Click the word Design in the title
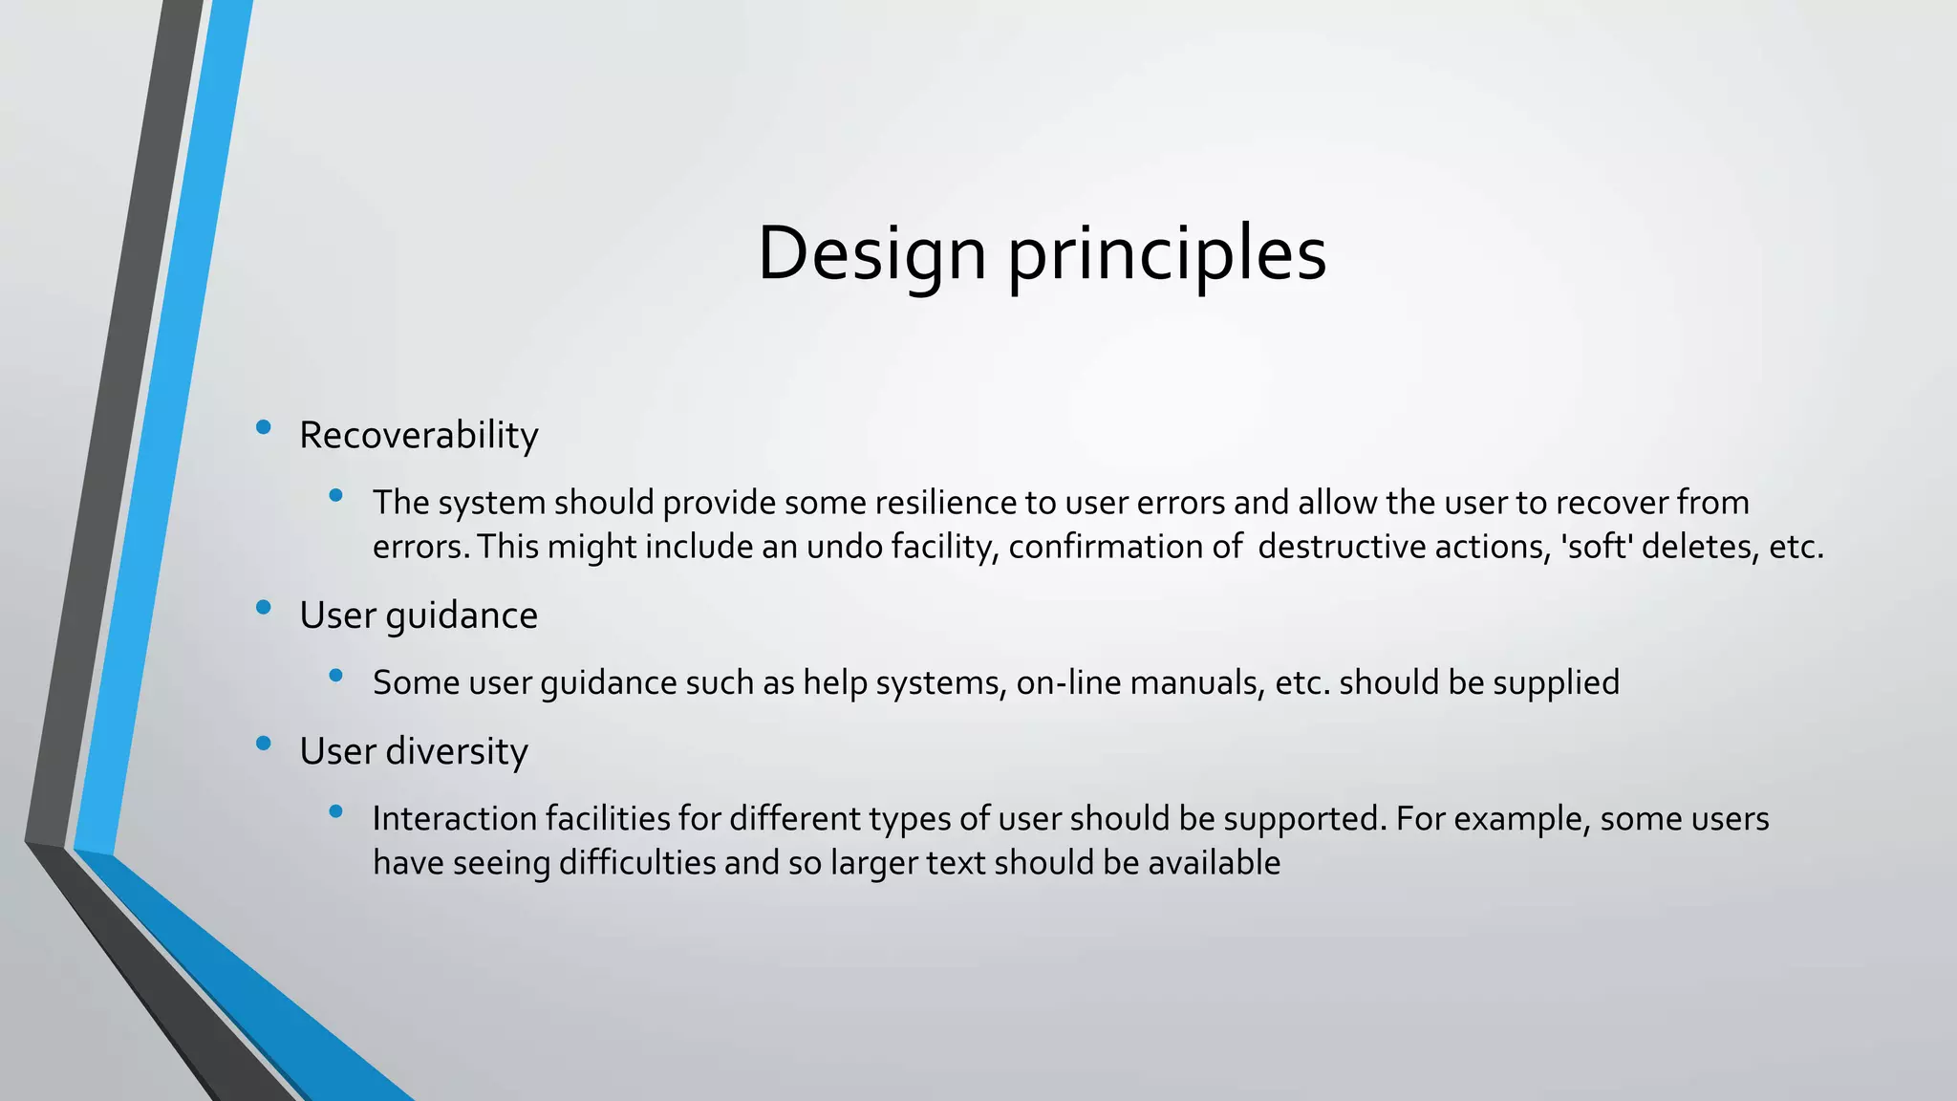point(871,254)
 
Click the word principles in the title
point(1167,254)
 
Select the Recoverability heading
point(419,436)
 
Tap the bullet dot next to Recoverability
point(264,427)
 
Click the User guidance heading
point(419,615)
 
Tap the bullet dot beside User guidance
point(264,607)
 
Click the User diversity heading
point(413,751)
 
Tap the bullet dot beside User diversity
point(264,743)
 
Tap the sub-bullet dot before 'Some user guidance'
point(335,676)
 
